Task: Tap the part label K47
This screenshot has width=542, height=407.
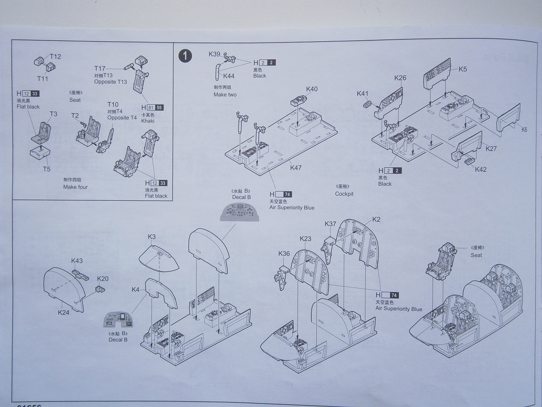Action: coord(296,168)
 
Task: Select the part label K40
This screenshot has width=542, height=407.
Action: coord(312,89)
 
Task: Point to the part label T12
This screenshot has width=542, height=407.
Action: coord(55,57)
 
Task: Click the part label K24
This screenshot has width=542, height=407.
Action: coord(63,312)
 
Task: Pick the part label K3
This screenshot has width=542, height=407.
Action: coord(152,237)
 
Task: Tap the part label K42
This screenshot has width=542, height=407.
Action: coord(481,169)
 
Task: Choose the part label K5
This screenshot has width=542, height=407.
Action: coord(463,70)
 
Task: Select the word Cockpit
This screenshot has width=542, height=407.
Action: coord(344,194)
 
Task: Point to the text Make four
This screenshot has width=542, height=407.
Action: coord(75,187)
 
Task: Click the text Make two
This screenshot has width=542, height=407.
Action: coord(225,95)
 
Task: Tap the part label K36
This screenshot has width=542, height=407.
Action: coord(284,253)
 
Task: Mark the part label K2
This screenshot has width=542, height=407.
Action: coord(376,219)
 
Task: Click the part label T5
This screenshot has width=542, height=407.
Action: coord(47,169)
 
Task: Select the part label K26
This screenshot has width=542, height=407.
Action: coord(400,78)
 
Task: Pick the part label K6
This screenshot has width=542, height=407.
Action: coord(524,129)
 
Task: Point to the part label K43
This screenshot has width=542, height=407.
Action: coord(77,261)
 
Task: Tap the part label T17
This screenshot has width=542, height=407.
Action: coord(100,68)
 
